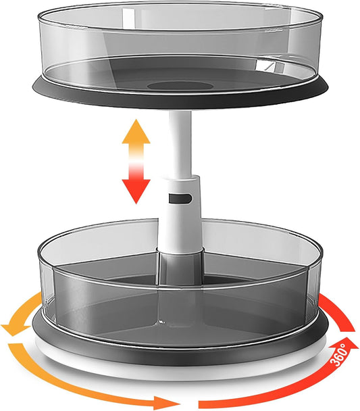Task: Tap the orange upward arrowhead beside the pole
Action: pyautogui.click(x=136, y=132)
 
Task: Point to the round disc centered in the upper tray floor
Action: pyautogui.click(x=177, y=86)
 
